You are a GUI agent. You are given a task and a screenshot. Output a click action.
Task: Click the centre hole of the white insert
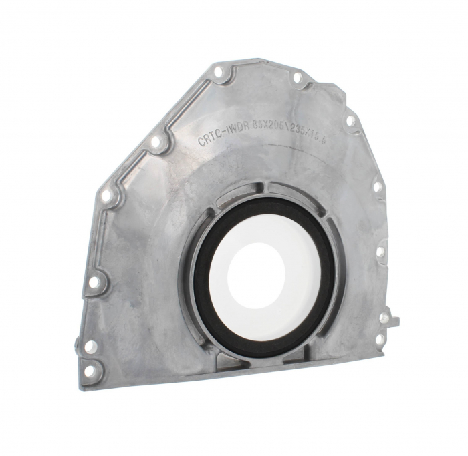(x=255, y=272)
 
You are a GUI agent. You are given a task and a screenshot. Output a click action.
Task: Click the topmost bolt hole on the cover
(x=218, y=71)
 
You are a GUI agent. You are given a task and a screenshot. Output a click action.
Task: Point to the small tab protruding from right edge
(x=394, y=321)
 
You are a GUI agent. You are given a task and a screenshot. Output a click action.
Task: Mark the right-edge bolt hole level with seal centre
(x=380, y=252)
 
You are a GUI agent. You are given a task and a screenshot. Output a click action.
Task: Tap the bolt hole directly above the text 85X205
(x=297, y=78)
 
